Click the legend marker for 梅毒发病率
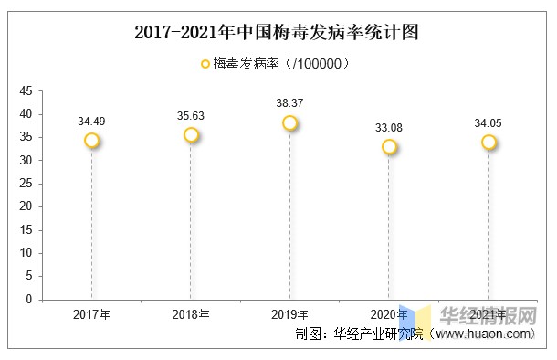pyautogui.click(x=205, y=64)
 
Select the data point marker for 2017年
pyautogui.click(x=91, y=141)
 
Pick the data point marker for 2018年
pyautogui.click(x=191, y=135)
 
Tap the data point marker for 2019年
pyautogui.click(x=289, y=123)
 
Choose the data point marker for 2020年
pyautogui.click(x=389, y=147)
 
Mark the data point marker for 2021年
pyautogui.click(x=489, y=143)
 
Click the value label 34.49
pyautogui.click(x=91, y=121)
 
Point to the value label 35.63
pyautogui.click(x=191, y=115)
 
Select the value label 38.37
pyautogui.click(x=289, y=102)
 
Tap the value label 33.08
pyautogui.click(x=389, y=127)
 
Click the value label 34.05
pyautogui.click(x=489, y=122)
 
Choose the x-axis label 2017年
pyautogui.click(x=91, y=314)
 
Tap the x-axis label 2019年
pyautogui.click(x=289, y=314)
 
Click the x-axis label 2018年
pyautogui.click(x=191, y=314)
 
